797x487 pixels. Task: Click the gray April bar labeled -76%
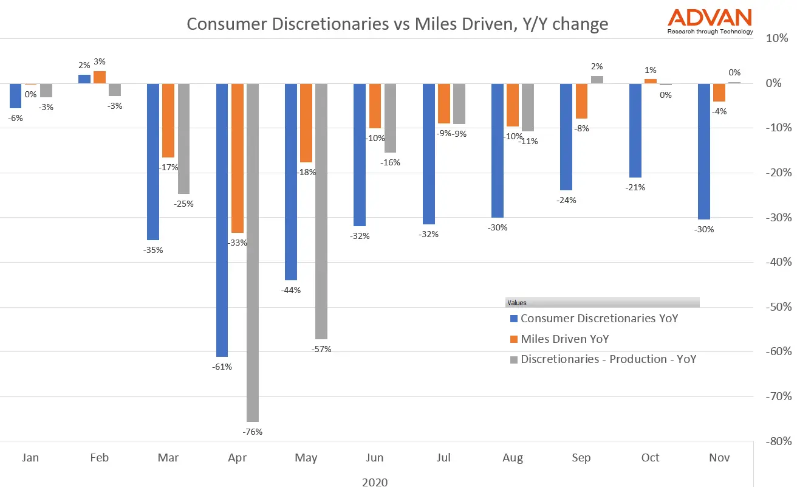253,252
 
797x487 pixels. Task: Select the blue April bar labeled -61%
222,219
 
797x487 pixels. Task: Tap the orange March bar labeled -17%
168,120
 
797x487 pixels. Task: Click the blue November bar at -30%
703,151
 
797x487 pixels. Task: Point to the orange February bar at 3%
100,77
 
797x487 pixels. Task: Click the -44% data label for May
290,290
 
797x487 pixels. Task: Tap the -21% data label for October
635,187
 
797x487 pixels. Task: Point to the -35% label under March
152,250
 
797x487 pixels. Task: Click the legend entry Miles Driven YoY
564,339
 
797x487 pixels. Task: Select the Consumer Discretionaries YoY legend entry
599,318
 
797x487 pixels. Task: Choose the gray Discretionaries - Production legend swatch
514,359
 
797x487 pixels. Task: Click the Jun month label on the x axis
375,458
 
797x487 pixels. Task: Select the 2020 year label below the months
375,482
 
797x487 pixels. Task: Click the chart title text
397,24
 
